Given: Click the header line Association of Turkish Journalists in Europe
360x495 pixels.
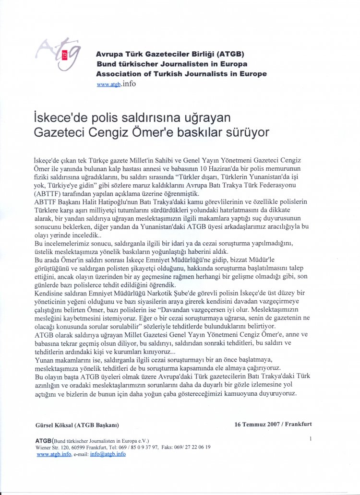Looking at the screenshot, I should click(181, 74).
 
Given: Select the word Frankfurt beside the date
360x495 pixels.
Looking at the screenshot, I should click(298, 424).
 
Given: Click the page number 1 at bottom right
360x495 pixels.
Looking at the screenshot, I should click(311, 438).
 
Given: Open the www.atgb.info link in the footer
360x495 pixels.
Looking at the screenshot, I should click(54, 454).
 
